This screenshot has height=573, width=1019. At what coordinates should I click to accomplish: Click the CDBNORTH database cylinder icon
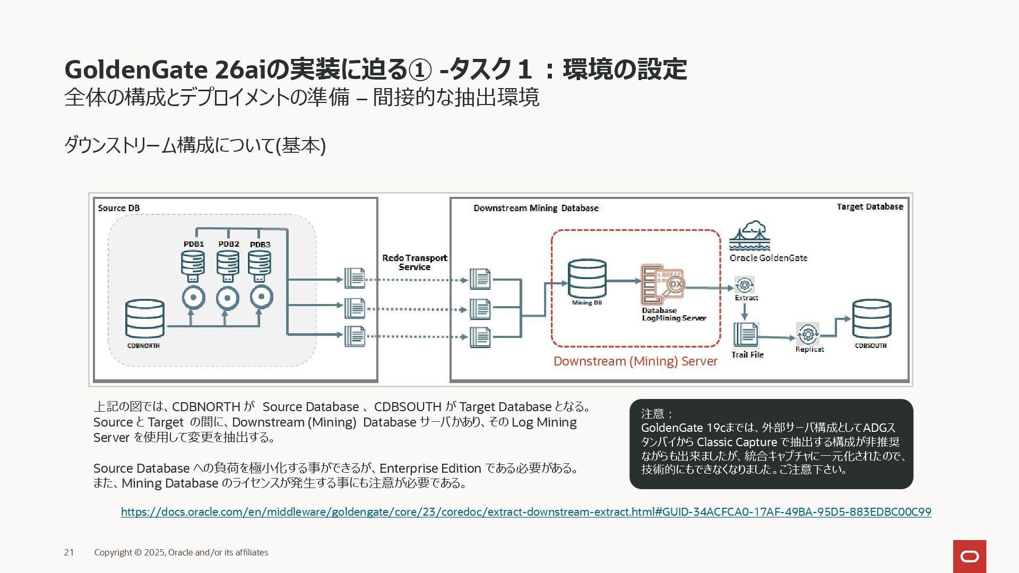point(144,319)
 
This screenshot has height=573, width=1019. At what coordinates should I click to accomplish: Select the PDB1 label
point(194,244)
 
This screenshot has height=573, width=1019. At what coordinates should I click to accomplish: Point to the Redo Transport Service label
point(414,263)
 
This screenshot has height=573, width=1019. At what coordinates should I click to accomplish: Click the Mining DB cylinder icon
point(586,279)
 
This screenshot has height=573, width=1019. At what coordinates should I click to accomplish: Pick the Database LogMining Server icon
point(662,284)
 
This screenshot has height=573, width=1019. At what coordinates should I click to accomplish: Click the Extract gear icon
point(745,285)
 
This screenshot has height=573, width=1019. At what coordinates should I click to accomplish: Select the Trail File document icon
point(746,335)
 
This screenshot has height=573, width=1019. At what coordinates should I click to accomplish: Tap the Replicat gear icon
point(807,334)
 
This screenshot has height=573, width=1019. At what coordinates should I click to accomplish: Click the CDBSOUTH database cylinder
point(871,319)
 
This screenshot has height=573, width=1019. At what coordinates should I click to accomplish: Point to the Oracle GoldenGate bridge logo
point(749,236)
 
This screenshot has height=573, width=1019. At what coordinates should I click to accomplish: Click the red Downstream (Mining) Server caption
point(635,361)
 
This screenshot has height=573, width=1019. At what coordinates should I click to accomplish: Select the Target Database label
point(869,206)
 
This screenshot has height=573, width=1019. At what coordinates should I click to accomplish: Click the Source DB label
point(119,208)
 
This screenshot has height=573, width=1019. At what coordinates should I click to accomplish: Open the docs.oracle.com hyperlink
point(525,512)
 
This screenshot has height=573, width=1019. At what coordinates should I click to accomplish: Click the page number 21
point(69,552)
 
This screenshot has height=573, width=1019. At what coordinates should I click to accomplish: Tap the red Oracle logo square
point(969,556)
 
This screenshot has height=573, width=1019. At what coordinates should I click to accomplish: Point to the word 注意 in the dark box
point(652,414)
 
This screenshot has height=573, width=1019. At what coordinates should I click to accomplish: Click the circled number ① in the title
point(420,70)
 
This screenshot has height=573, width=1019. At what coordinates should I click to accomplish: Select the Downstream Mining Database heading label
point(536,208)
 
